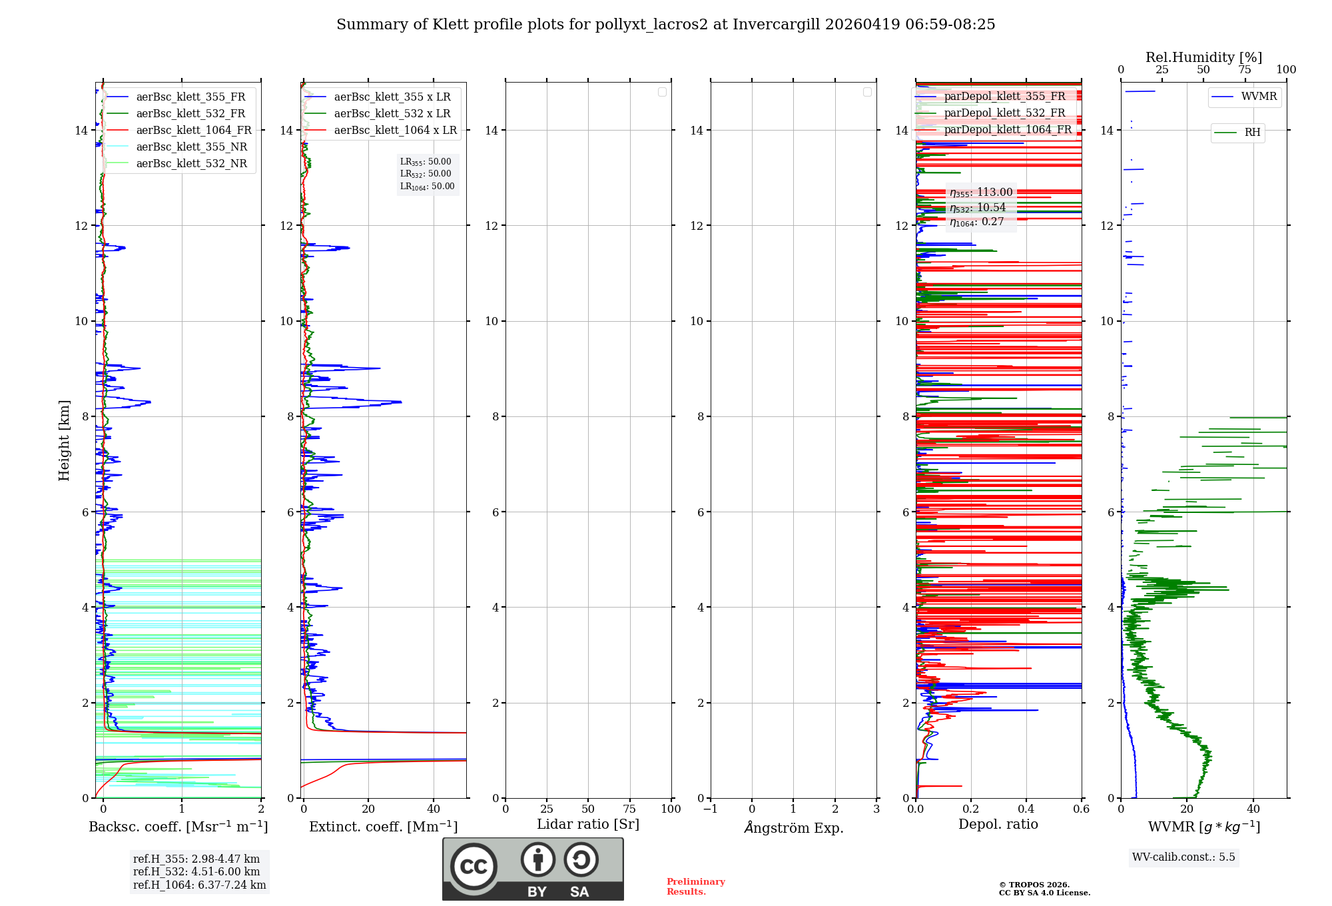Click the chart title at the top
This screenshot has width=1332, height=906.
click(x=665, y=25)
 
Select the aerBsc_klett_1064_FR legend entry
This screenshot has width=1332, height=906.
click(x=193, y=131)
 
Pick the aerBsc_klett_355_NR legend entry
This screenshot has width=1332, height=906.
click(x=191, y=147)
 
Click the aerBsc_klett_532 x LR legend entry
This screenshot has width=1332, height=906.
click(x=392, y=114)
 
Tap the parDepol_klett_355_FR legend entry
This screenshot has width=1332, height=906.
click(x=1004, y=97)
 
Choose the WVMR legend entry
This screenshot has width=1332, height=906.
click(x=1259, y=97)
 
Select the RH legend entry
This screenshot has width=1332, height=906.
click(x=1252, y=133)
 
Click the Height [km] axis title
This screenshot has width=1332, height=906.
click(x=64, y=440)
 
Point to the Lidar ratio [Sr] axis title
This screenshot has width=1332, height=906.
click(x=588, y=825)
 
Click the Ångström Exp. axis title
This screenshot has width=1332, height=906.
click(x=793, y=828)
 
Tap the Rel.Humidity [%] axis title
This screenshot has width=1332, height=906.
click(x=1203, y=57)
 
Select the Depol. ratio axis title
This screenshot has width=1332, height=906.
click(x=998, y=825)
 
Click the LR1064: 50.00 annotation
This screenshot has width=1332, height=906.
click(x=427, y=187)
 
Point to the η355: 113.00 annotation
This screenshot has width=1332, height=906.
click(x=981, y=193)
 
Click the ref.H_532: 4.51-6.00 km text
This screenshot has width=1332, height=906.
click(x=196, y=872)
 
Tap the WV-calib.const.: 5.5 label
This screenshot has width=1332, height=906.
click(x=1183, y=857)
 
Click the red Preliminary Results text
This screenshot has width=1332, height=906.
click(x=695, y=887)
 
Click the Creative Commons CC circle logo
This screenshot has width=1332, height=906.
click(x=474, y=867)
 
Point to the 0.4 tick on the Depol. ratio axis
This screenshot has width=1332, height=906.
click(x=1026, y=809)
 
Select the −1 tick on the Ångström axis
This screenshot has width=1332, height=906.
click(x=711, y=809)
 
